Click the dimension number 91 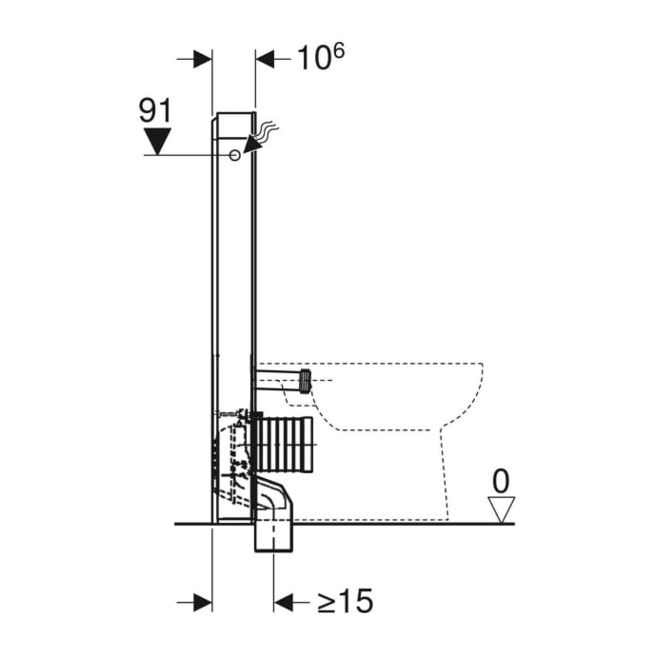155,111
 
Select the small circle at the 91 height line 235,155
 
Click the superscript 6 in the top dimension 339,51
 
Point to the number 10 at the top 314,58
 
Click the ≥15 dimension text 345,601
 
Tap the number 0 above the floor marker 501,481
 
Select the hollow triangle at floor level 501,509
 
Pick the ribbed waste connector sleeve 283,446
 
